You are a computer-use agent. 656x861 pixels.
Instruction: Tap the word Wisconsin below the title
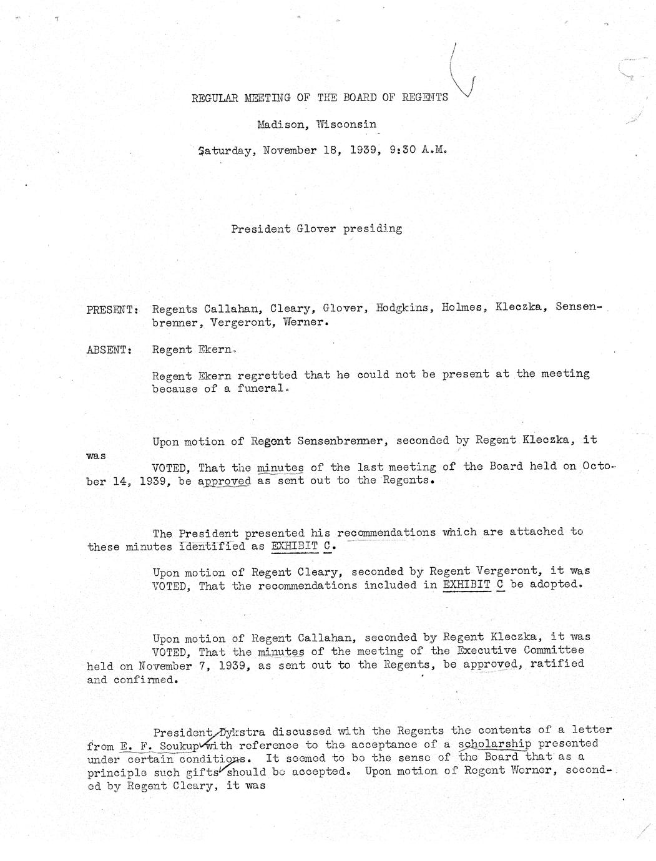click(346, 124)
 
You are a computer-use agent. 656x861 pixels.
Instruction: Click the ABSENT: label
click(109, 350)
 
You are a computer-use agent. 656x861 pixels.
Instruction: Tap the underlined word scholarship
click(495, 744)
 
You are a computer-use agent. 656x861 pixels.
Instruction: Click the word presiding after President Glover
click(373, 228)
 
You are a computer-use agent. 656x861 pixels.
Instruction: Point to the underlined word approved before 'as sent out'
click(225, 481)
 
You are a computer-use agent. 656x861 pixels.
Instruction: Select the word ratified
click(557, 664)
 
